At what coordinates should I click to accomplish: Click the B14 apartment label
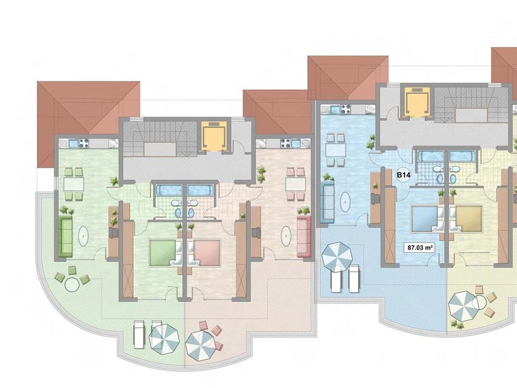(403, 175)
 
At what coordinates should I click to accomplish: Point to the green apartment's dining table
(74, 184)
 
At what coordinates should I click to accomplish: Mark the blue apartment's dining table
(335, 150)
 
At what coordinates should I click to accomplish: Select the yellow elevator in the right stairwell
(417, 102)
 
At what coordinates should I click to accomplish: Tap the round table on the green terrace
(72, 284)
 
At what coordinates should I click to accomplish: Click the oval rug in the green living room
(83, 235)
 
